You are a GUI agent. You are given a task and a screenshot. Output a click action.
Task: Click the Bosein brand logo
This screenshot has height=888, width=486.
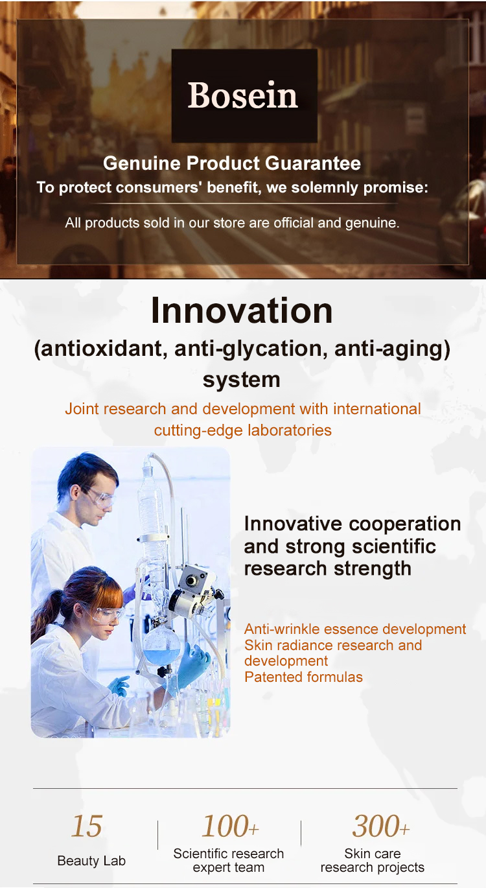click(244, 95)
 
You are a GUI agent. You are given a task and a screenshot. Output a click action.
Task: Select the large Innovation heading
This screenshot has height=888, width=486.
click(242, 311)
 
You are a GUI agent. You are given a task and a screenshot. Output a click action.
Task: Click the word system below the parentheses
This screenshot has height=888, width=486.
click(242, 380)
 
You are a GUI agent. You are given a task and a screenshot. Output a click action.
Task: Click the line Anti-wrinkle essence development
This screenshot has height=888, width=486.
click(355, 629)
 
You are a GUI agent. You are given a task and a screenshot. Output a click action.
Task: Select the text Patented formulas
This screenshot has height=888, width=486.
click(303, 677)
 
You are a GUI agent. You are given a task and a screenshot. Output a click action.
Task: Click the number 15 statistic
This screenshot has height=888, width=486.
click(87, 826)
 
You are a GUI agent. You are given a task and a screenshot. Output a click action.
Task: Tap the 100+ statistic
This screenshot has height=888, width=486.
click(230, 826)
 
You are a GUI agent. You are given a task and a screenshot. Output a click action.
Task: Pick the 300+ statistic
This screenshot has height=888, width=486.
click(381, 826)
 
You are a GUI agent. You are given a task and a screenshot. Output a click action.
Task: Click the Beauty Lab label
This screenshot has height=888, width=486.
click(91, 861)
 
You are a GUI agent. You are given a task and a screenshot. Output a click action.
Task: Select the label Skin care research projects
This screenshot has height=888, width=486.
click(372, 860)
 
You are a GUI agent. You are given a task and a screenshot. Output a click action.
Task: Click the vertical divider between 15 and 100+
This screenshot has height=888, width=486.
click(157, 835)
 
